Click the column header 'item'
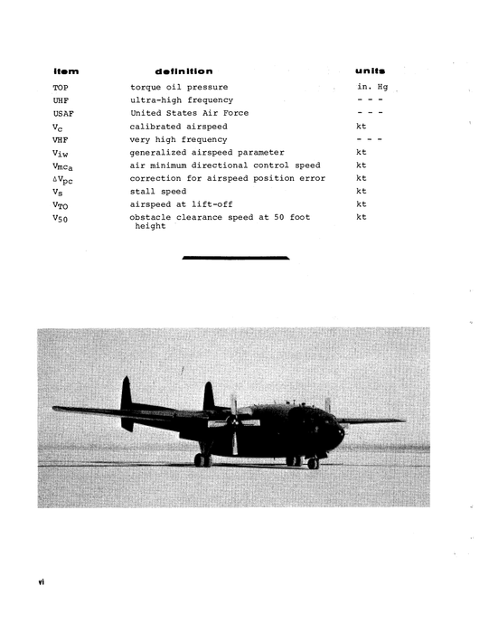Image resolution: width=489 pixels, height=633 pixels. click(66, 71)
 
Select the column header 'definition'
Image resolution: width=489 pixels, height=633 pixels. click(183, 71)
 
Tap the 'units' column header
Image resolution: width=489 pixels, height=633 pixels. click(371, 71)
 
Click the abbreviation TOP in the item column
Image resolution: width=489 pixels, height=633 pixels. click(61, 87)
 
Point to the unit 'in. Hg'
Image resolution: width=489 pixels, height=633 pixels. click(372, 87)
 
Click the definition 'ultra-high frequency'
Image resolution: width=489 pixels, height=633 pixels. click(181, 99)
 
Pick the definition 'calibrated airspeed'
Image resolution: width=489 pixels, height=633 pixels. click(178, 127)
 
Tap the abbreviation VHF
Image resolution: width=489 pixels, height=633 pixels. click(61, 139)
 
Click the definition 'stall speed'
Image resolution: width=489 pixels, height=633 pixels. click(157, 192)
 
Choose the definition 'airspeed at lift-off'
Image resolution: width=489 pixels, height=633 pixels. click(181, 204)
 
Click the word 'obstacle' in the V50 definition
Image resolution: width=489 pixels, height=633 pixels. click(151, 218)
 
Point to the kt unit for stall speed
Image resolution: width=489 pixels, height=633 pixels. click(362, 192)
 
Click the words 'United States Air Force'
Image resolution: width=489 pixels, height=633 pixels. click(189, 113)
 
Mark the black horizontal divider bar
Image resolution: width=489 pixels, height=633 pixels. click(235, 259)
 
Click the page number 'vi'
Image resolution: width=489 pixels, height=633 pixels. click(42, 582)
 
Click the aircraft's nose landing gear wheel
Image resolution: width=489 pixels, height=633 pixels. click(313, 463)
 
